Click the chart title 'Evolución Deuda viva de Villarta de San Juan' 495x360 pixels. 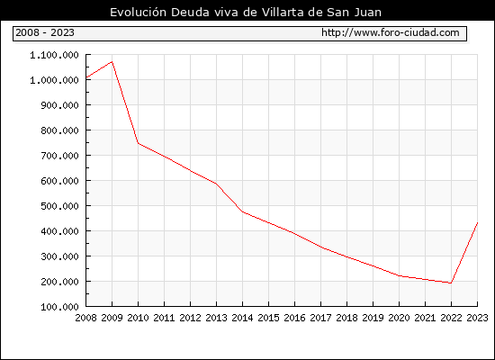[x=246, y=13]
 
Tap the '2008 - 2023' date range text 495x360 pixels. [x=45, y=32]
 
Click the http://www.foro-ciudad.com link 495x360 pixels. [x=391, y=32]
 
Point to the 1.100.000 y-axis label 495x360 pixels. [x=54, y=55]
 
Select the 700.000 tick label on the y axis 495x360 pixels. [x=59, y=156]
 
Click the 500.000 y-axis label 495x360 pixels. [x=59, y=206]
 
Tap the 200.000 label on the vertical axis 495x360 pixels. [x=59, y=282]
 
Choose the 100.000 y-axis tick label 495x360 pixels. [x=59, y=307]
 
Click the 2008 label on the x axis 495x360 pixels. [x=85, y=318]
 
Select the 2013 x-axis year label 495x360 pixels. [x=216, y=318]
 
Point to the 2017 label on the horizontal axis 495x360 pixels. [x=320, y=318]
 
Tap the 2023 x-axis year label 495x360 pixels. [x=477, y=318]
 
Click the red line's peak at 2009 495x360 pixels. [x=112, y=62]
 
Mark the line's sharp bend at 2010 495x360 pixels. [x=139, y=143]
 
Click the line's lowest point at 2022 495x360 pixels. [x=451, y=283]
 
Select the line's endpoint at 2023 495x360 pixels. [x=477, y=223]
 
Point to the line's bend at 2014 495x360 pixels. [x=242, y=211]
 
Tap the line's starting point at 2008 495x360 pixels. [x=86, y=77]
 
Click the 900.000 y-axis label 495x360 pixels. [x=59, y=105]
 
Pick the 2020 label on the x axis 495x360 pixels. [x=399, y=318]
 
